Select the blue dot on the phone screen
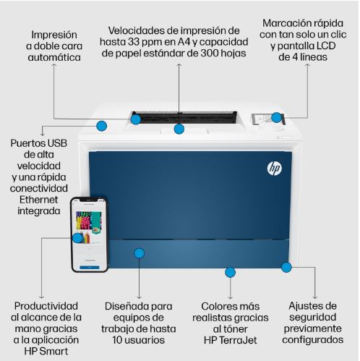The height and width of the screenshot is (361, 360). [x=77, y=237]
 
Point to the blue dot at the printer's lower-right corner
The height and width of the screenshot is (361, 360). [x=286, y=267]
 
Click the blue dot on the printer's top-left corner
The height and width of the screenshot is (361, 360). [x=102, y=126]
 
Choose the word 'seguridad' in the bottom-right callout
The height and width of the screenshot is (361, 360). [x=312, y=317]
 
